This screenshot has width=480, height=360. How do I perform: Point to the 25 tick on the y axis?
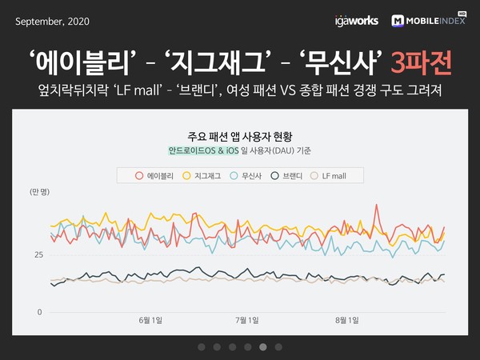(38, 254)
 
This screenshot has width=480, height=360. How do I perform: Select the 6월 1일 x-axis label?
(150, 321)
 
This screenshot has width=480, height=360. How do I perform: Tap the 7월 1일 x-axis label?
(246, 321)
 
